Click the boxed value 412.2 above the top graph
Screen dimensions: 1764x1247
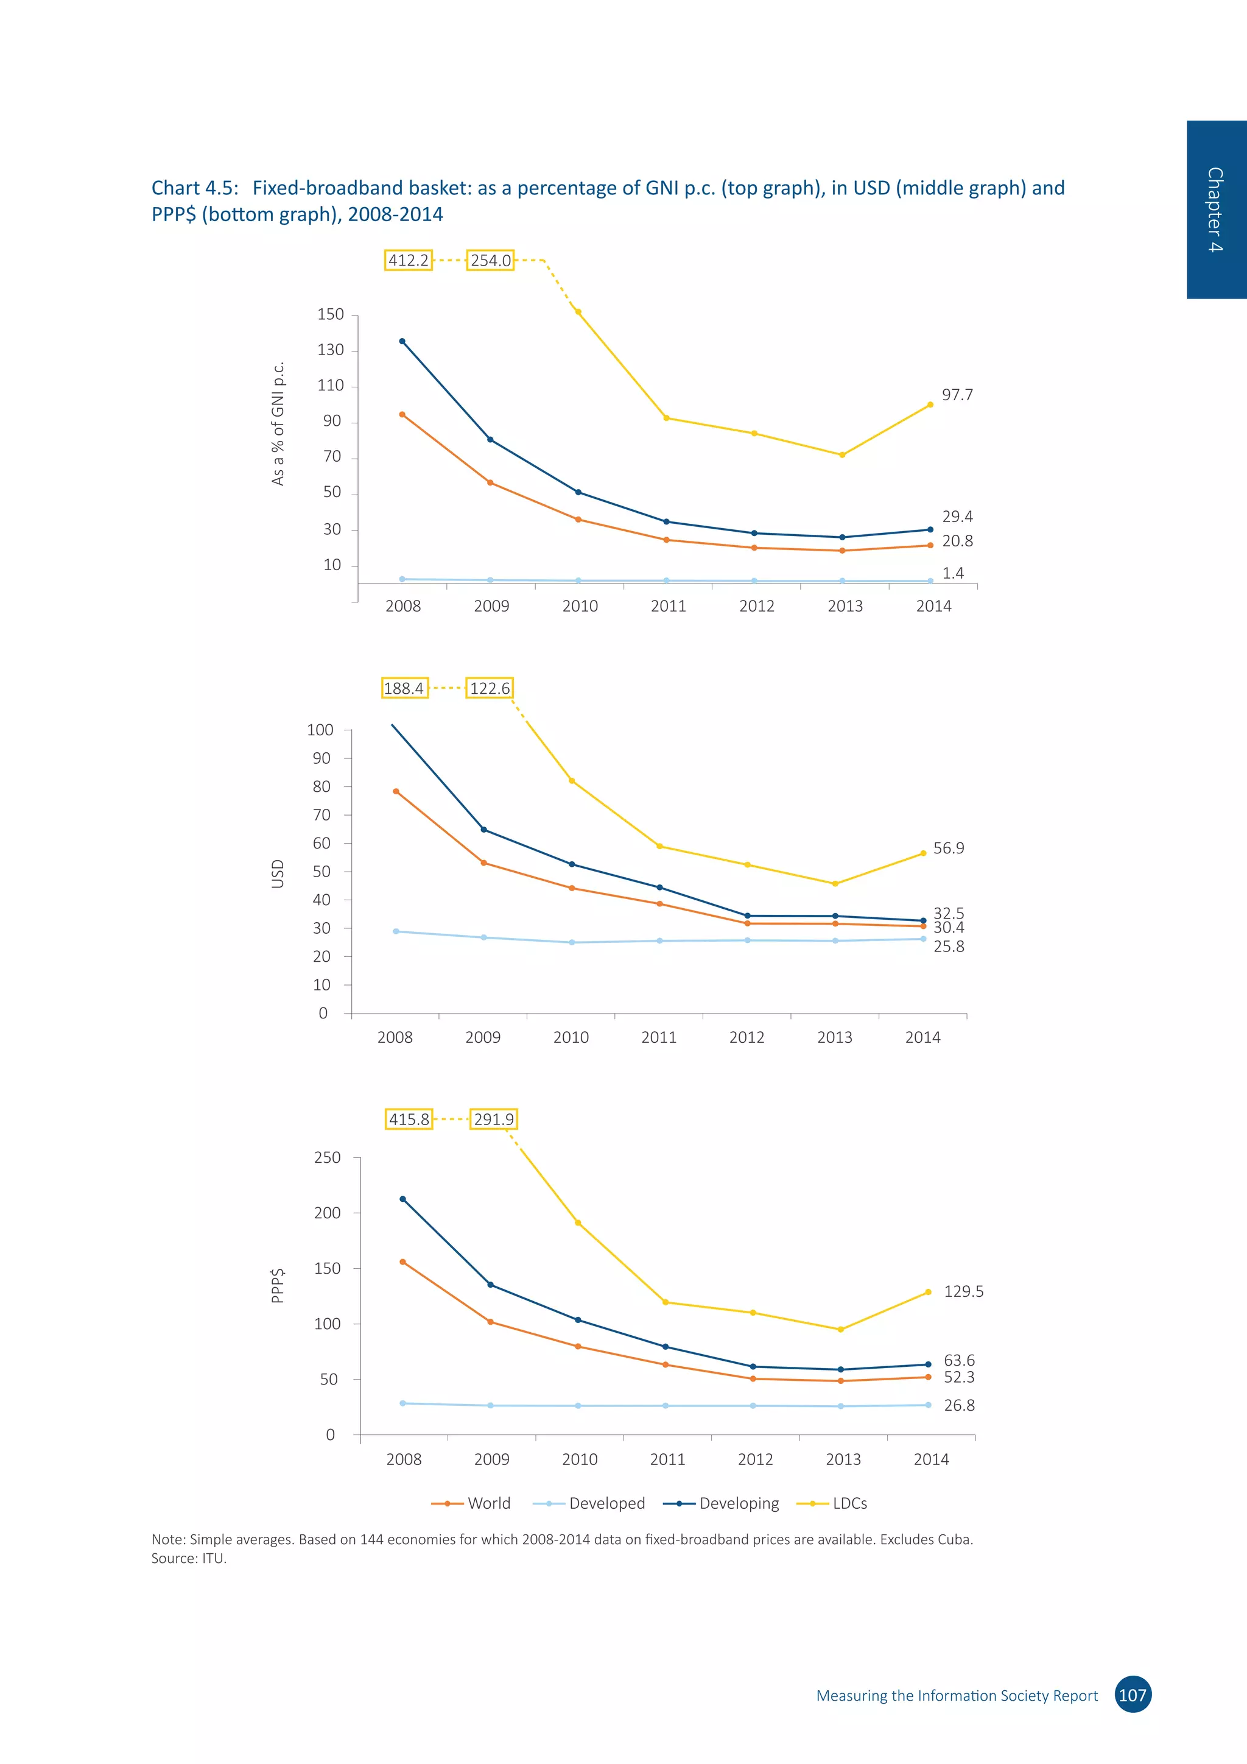tap(408, 261)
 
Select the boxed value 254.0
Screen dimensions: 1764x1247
tap(490, 261)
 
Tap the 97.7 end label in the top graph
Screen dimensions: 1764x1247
tap(957, 395)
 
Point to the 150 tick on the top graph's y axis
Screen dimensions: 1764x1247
tap(331, 314)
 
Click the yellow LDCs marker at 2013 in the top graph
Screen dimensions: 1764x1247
tap(842, 455)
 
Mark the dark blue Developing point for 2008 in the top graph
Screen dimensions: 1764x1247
tap(402, 341)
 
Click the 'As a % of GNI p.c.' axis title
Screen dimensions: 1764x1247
tap(278, 423)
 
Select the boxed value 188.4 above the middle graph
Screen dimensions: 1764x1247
tap(404, 688)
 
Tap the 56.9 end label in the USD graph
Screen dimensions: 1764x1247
tap(948, 848)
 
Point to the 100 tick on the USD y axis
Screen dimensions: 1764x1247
tap(320, 730)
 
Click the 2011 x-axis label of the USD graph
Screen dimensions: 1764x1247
tap(659, 1037)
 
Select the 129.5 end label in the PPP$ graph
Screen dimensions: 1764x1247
tap(963, 1291)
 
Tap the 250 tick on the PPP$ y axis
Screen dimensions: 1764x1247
tap(327, 1157)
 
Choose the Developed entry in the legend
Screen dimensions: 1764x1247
tap(606, 1503)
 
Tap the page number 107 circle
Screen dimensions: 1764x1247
tap(1133, 1695)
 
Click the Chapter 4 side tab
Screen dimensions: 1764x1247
tap(1215, 209)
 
